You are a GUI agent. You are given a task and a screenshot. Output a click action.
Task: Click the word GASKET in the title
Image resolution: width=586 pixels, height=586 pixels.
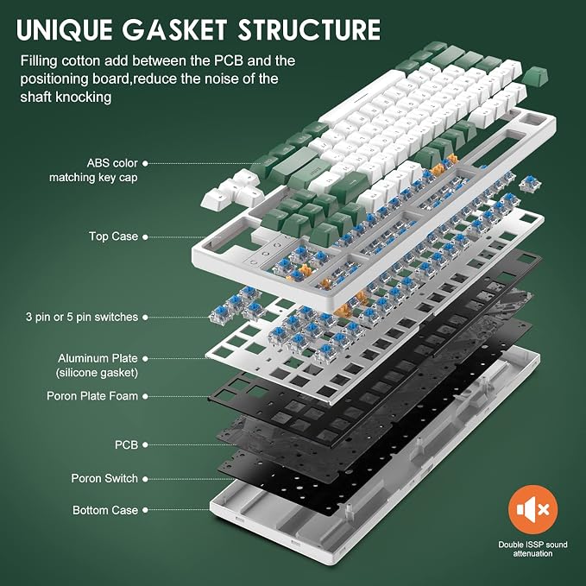click(x=173, y=29)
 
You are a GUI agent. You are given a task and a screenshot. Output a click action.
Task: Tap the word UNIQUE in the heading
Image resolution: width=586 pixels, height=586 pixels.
click(x=64, y=29)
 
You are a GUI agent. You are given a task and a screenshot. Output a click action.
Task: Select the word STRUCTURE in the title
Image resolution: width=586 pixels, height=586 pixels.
click(x=309, y=29)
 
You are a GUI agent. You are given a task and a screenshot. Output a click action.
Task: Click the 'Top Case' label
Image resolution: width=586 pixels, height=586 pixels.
click(x=114, y=236)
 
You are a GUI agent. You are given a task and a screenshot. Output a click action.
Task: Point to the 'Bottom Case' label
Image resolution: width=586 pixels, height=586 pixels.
click(x=105, y=510)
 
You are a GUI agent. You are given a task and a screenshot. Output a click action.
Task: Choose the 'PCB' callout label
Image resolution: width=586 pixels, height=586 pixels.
click(x=126, y=444)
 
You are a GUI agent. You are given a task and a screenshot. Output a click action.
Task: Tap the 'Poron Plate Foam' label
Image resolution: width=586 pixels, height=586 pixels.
click(x=92, y=396)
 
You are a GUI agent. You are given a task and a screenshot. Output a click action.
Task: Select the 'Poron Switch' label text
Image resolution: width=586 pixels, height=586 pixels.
click(x=104, y=478)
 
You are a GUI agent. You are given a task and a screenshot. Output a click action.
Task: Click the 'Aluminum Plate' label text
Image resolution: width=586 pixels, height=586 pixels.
click(x=98, y=358)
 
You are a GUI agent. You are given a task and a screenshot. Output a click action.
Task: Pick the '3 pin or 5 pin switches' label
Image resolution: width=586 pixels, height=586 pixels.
click(x=82, y=318)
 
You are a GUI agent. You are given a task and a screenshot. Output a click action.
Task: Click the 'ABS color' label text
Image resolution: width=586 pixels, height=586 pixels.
click(x=112, y=163)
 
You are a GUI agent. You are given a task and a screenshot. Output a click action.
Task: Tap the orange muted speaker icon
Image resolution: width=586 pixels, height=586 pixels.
click(x=532, y=509)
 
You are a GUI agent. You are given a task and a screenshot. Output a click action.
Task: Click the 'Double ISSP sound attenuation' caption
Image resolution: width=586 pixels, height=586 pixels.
click(x=532, y=549)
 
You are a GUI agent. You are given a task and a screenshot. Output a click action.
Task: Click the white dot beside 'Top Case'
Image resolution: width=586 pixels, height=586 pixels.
click(x=145, y=237)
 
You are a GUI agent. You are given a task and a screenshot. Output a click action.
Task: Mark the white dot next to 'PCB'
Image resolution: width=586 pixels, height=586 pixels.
click(x=145, y=444)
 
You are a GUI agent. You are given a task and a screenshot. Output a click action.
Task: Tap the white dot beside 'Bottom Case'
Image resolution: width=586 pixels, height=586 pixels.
click(x=145, y=510)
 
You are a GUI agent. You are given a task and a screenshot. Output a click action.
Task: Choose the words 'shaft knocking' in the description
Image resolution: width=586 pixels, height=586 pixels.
click(x=66, y=98)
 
